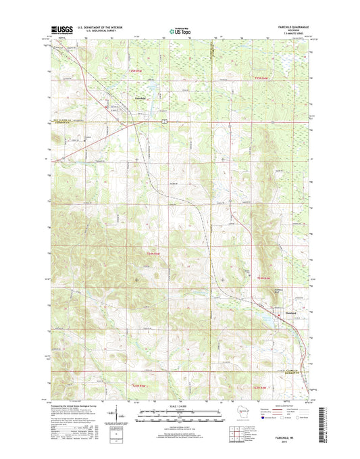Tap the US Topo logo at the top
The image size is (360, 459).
[180, 30]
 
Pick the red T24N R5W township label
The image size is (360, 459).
[154, 253]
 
